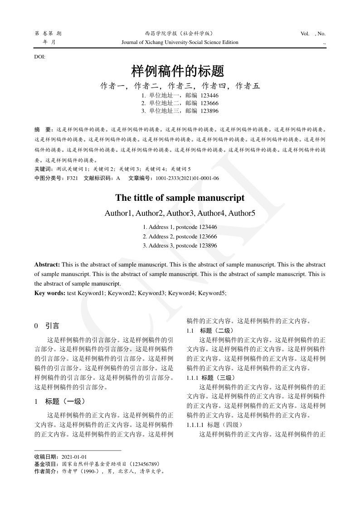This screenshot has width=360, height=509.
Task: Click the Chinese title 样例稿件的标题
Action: coord(178,71)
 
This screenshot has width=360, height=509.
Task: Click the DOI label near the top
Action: coord(40,57)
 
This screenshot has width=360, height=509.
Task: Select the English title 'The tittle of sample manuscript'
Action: coord(180,198)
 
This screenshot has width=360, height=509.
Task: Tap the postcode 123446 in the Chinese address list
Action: coord(209,96)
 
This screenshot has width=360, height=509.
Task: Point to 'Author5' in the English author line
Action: coord(241,213)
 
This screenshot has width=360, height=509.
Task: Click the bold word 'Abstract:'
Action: coord(47,264)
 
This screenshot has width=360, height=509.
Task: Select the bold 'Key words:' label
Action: coord(50,293)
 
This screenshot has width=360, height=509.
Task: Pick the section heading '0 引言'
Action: coord(47,326)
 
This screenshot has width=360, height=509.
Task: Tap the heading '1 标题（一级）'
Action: coord(60,401)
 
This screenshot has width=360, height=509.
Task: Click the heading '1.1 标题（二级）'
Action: coord(211,330)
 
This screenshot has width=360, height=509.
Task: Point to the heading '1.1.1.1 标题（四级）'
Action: coord(215,425)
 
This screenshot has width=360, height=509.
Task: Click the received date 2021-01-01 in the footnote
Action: coord(74,457)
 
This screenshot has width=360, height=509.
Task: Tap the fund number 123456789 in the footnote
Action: coord(144,464)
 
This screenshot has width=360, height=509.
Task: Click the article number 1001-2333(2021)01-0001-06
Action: coord(187,179)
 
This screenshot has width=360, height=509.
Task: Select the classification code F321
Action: coord(73,179)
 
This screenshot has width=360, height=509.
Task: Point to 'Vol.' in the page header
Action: coord(305,34)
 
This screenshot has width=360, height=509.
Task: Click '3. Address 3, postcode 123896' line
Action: coord(180,246)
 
